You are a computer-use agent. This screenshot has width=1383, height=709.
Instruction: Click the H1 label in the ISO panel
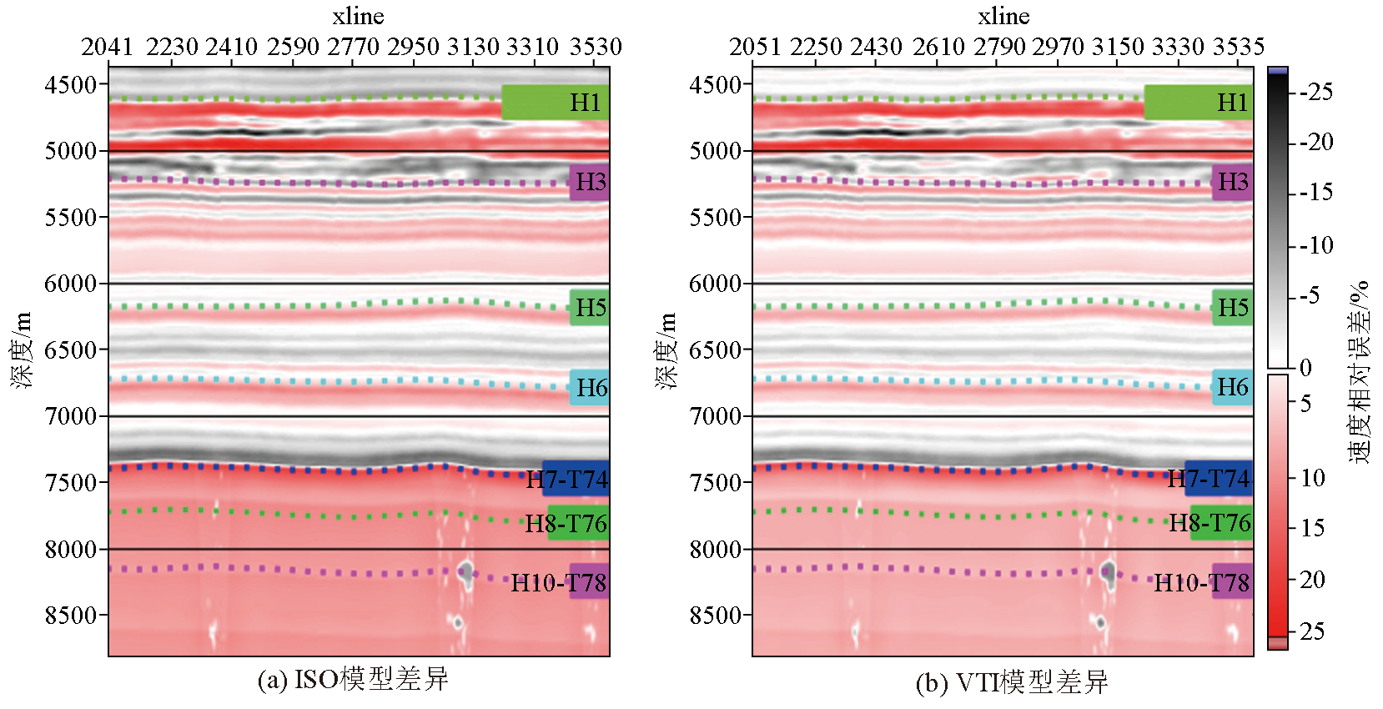[x=585, y=103]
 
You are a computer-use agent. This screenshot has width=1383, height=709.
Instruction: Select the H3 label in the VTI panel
[x=1233, y=182]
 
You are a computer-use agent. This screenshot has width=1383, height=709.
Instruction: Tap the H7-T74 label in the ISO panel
[x=567, y=480]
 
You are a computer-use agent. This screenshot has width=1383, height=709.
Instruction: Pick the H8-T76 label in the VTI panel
[x=1209, y=523]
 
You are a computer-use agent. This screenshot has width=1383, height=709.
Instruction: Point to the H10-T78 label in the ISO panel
[x=558, y=582]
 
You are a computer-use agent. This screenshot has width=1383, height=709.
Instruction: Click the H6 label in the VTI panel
[x=1232, y=387]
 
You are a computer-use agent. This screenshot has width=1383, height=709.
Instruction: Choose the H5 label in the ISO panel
[x=591, y=308]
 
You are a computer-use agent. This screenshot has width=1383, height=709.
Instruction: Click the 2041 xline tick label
[x=107, y=47]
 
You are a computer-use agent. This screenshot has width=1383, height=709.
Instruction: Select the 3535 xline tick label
[x=1238, y=47]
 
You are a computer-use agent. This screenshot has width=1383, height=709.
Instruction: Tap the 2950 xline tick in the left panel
[x=413, y=47]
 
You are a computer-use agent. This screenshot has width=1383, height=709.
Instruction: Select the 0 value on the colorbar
[x=1305, y=367]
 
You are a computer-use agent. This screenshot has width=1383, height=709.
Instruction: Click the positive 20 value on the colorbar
[x=1312, y=579]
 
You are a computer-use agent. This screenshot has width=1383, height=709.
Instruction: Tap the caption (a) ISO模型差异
[x=353, y=679]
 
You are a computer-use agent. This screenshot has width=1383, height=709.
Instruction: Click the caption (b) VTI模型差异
[x=1011, y=682]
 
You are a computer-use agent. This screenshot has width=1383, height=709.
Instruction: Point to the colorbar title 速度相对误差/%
[x=1359, y=371]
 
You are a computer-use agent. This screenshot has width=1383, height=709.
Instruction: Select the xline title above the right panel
[x=1003, y=16]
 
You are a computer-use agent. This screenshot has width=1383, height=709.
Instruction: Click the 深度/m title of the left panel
[x=22, y=350]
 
